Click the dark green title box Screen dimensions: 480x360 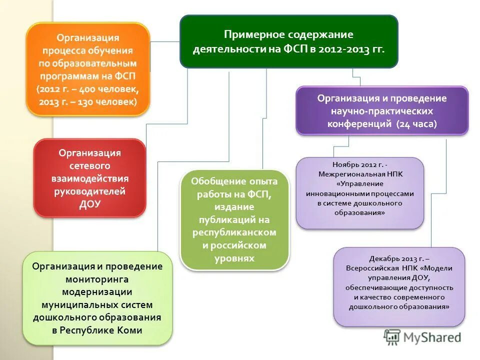(288, 41)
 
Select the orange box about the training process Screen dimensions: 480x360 (88, 69)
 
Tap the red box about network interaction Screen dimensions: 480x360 (89, 177)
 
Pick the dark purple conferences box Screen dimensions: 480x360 (382, 110)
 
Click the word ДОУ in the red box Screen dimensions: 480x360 (90, 203)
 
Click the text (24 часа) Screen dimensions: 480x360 (416, 124)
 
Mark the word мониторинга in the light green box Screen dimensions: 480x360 (97, 279)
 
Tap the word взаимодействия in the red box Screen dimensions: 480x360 (90, 178)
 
